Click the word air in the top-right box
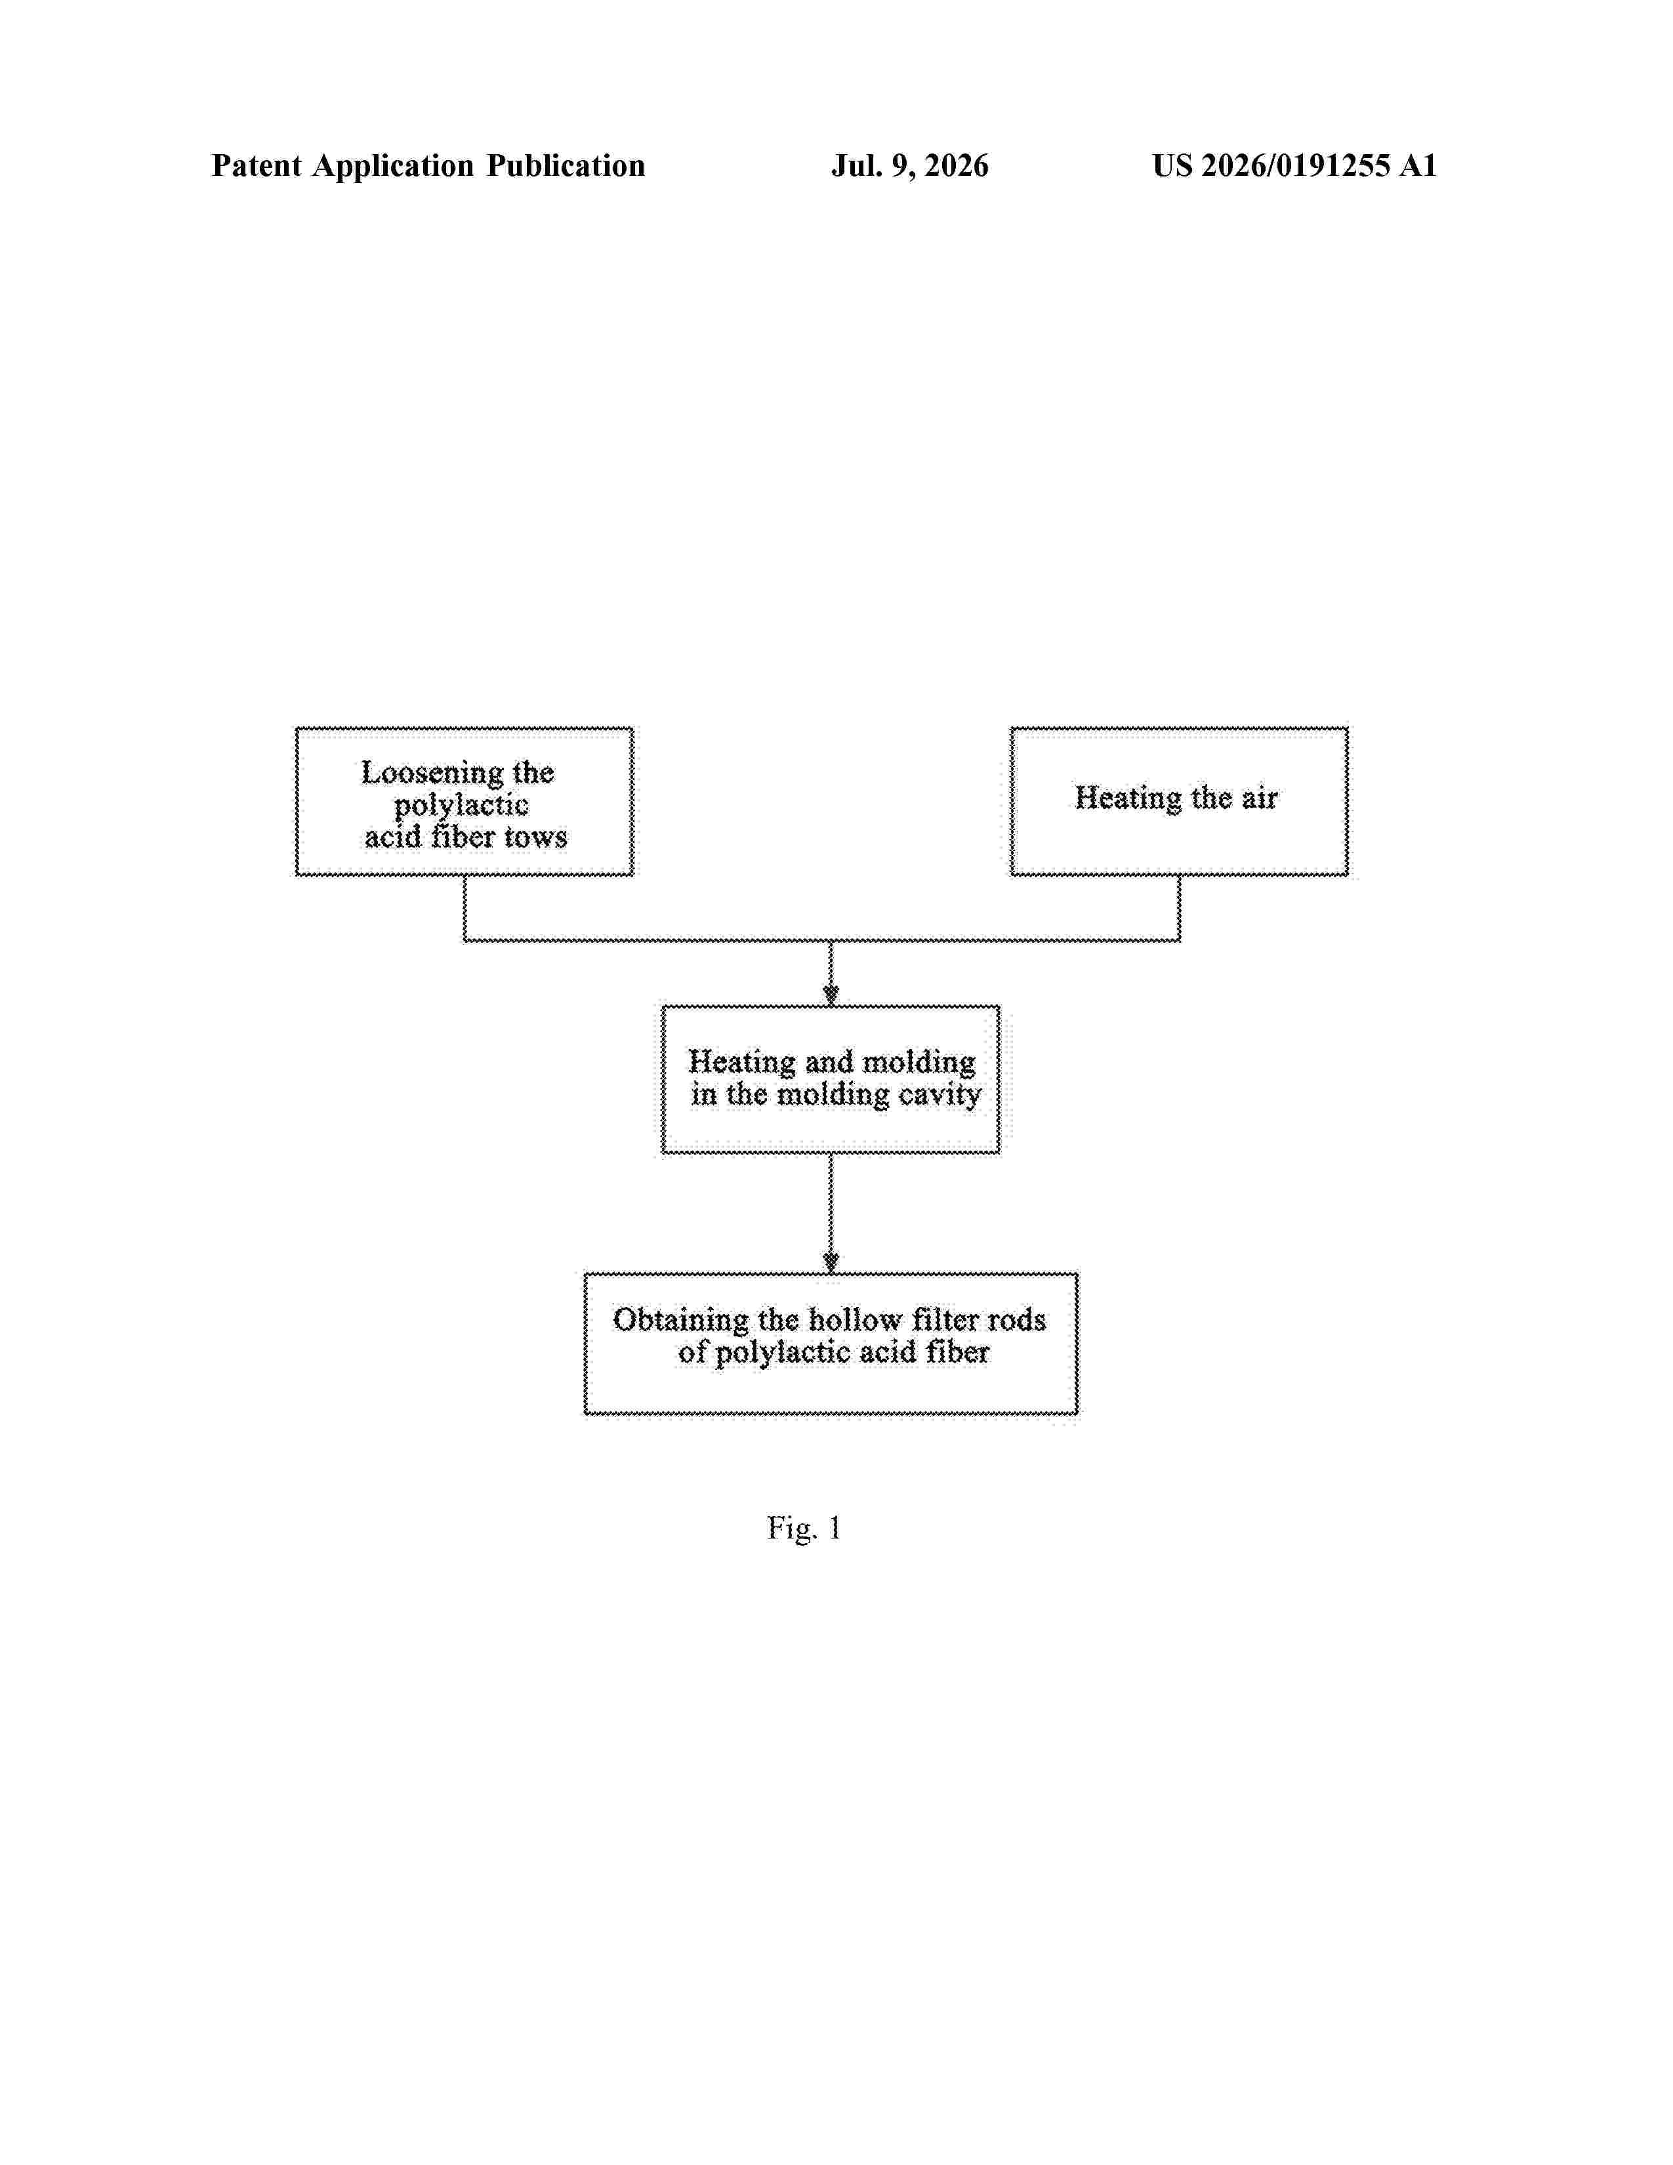(x=1260, y=798)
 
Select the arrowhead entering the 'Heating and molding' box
(x=831, y=995)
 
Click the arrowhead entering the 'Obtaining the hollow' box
(x=831, y=1262)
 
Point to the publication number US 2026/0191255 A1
(x=1294, y=165)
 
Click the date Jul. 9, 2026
(x=910, y=165)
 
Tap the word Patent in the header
(x=257, y=165)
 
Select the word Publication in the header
(x=565, y=165)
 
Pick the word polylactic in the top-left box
(x=461, y=806)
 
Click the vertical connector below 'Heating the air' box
(x=1180, y=908)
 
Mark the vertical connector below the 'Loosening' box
(x=465, y=908)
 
